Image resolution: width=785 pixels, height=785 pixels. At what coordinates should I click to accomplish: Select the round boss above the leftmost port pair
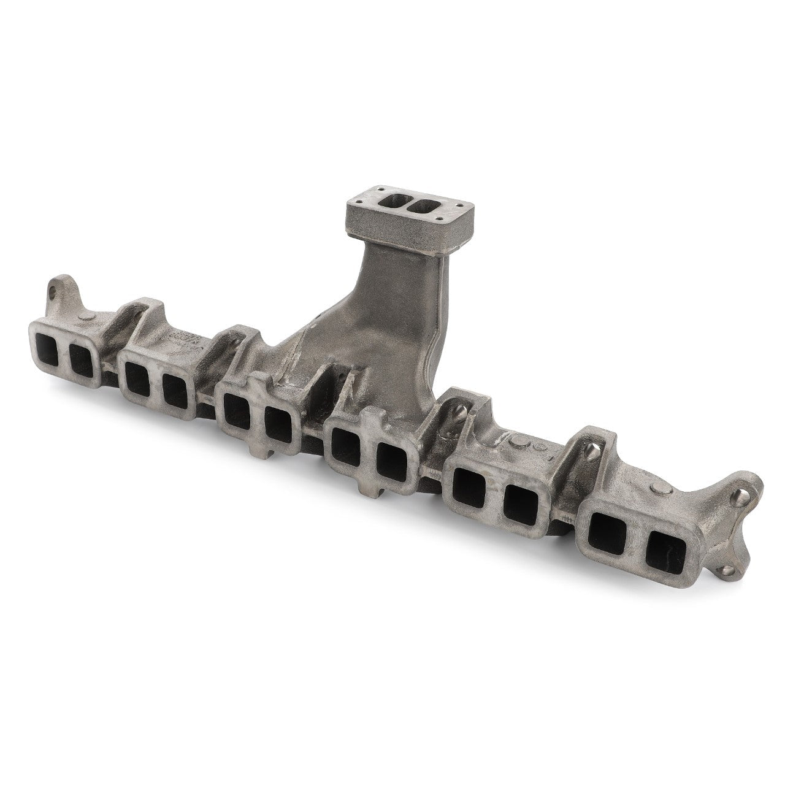(x=86, y=316)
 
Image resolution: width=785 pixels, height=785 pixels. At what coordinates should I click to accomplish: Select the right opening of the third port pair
(x=279, y=428)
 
